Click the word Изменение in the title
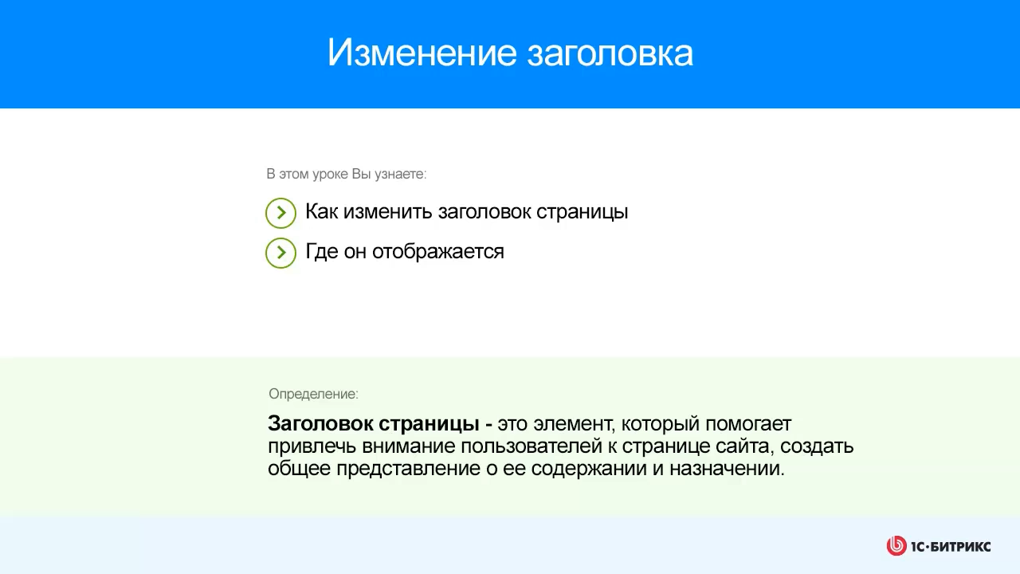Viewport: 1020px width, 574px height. pyautogui.click(x=422, y=53)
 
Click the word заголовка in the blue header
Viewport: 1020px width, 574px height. pyautogui.click(x=610, y=53)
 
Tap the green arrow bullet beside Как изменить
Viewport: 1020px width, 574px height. pyautogui.click(x=280, y=213)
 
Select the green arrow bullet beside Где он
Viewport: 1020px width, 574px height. pyautogui.click(x=280, y=253)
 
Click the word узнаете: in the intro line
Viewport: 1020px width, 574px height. pyautogui.click(x=400, y=174)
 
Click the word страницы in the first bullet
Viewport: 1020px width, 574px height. pyautogui.click(x=582, y=212)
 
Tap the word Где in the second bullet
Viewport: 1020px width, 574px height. pyautogui.click(x=321, y=252)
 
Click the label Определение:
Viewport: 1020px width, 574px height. pyautogui.click(x=313, y=394)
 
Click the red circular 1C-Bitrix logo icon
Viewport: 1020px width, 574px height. pyautogui.click(x=896, y=546)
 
